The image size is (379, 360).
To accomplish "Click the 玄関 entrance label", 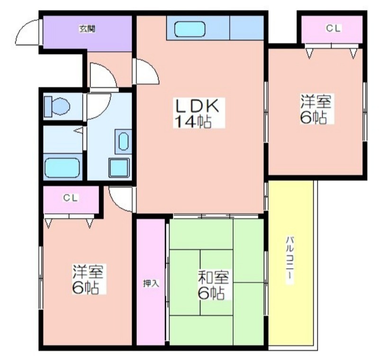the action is pos(87,29).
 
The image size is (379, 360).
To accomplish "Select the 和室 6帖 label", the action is pos(213,285).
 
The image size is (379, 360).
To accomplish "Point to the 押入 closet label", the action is pos(151,283).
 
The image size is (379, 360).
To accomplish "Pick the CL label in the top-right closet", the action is pos(334,28).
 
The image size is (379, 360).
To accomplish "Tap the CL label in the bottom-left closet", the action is pos(71,198).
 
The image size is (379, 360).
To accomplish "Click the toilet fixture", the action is pos(57,106).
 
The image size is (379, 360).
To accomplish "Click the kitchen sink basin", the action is pos(190,29).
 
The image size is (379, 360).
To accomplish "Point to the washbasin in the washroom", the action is pos(123,142).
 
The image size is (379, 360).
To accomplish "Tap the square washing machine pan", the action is pos(119,168).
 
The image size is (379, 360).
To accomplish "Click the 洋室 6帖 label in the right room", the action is pos(316,109).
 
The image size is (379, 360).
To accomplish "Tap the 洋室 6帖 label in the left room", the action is pos(89,279).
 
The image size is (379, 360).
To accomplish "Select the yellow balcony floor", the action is pos(291,263).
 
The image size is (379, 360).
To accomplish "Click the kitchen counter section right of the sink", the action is pos(246,27).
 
